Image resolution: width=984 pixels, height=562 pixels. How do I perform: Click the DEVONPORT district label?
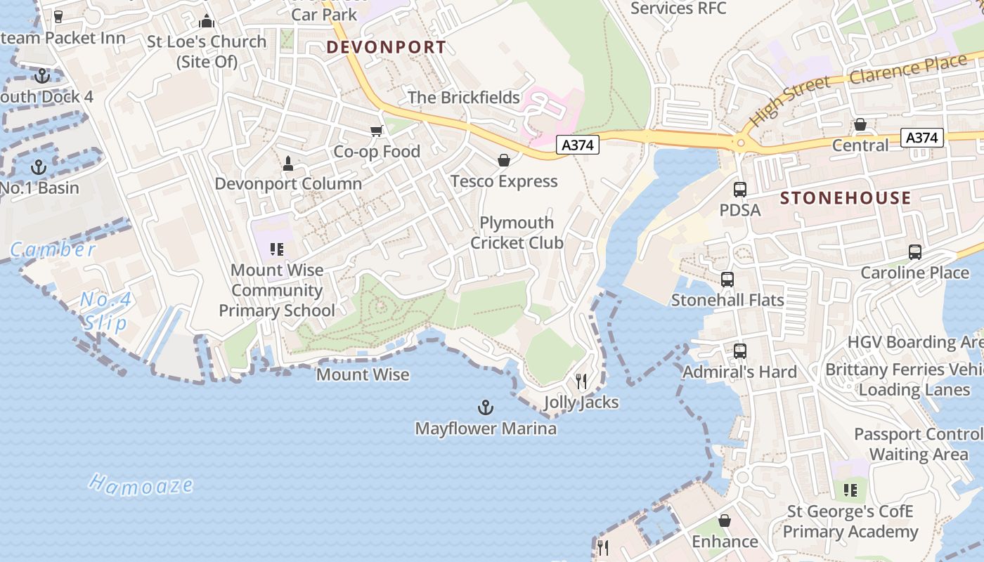(386, 47)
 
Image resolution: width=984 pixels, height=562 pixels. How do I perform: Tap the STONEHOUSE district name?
(846, 198)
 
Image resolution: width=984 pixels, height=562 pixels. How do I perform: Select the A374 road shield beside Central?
(921, 138)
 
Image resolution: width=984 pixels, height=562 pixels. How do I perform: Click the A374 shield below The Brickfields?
(578, 145)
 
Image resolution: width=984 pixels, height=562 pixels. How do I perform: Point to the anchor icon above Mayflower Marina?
(485, 407)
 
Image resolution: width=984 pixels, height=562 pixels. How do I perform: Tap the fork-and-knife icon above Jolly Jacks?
(581, 381)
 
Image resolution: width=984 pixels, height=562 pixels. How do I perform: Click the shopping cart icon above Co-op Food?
(377, 131)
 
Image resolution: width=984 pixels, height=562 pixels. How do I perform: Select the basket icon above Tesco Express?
(504, 161)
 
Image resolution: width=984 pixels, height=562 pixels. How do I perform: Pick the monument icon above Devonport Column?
(287, 164)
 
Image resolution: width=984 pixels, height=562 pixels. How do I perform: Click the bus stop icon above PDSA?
(740, 189)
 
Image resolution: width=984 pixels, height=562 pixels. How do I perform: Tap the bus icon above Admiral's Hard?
(740, 351)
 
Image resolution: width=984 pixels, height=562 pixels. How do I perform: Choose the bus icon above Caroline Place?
(915, 252)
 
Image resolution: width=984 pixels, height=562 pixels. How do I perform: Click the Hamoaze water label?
(141, 484)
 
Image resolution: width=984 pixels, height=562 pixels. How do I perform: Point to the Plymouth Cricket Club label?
(517, 233)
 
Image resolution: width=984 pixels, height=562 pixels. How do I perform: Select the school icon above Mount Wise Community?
(277, 249)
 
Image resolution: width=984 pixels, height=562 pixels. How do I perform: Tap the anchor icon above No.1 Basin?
(39, 167)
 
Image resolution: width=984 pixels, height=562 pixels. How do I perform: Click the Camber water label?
(53, 249)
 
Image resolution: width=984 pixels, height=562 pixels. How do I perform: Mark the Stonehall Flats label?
(727, 300)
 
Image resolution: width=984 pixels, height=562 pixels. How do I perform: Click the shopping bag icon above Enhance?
(725, 521)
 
